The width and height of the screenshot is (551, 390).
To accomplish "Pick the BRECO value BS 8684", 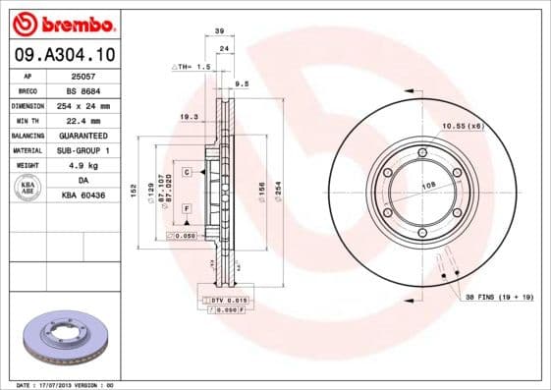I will [x=83, y=89].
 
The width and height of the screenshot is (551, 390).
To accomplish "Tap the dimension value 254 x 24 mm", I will [x=83, y=105].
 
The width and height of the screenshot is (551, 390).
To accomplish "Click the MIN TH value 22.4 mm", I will [x=83, y=120].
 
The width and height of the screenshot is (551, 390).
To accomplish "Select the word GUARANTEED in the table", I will [x=83, y=136].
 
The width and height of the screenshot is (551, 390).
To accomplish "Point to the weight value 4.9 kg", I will [x=83, y=166].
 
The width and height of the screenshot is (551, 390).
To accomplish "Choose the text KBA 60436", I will [x=83, y=196].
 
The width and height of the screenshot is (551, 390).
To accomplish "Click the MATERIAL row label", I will [x=27, y=150].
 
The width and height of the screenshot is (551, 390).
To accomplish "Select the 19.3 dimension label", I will [x=188, y=117].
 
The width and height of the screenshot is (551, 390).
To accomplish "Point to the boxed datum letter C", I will [x=186, y=172].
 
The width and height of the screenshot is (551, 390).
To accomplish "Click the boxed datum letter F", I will [x=186, y=209].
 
